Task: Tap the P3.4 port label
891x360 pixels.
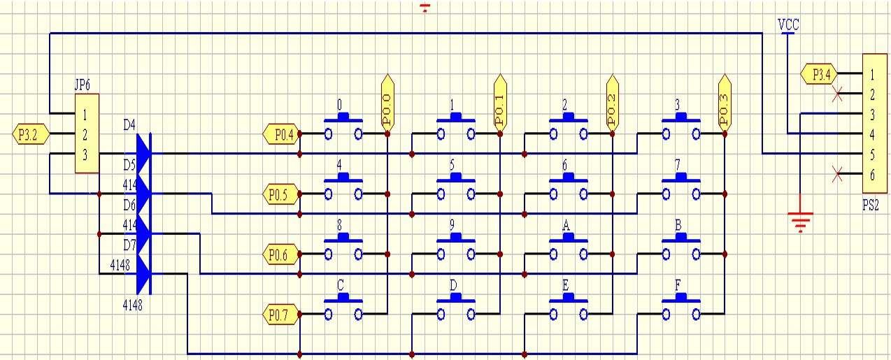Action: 818,73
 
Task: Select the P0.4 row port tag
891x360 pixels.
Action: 280,134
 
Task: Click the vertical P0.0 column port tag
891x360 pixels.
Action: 387,102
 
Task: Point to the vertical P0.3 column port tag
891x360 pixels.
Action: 725,102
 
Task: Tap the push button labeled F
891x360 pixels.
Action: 680,308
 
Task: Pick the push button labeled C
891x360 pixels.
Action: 343,308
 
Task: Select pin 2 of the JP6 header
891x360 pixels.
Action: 85,134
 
